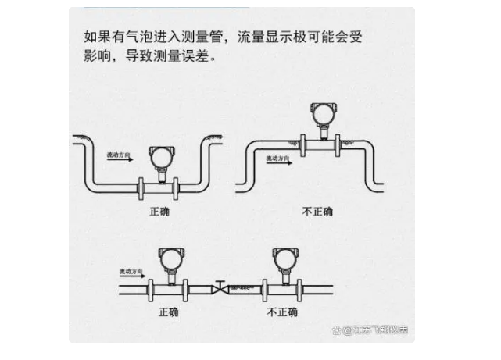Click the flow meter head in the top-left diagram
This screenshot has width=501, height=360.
(159, 156)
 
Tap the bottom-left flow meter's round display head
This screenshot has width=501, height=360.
(168, 257)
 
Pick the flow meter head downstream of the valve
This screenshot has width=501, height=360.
(282, 257)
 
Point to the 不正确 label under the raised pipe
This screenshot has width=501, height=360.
(317, 211)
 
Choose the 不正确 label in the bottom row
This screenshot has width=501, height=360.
(282, 312)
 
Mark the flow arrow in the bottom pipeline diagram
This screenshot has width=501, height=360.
(135, 277)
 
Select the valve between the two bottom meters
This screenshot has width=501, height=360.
(221, 286)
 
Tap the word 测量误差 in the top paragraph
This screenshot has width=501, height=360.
(185, 59)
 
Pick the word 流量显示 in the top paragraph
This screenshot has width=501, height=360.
(266, 37)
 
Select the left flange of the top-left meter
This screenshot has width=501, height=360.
(141, 187)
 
